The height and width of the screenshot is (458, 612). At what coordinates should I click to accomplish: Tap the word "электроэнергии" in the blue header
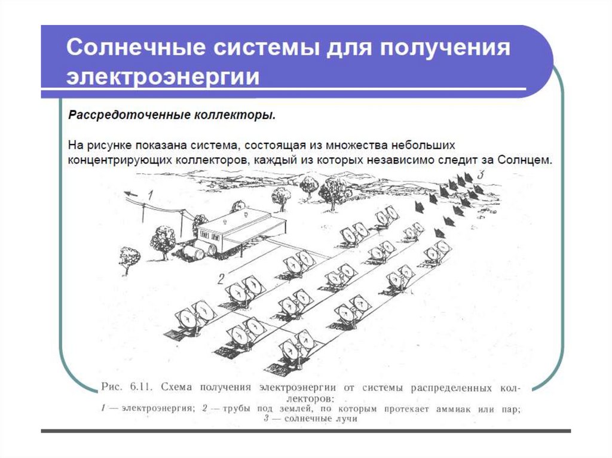click(163, 76)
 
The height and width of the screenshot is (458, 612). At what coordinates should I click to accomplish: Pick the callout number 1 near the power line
click(150, 194)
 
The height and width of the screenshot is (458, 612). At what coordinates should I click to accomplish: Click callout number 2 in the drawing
click(221, 279)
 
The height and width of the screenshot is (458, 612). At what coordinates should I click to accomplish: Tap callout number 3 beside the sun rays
click(481, 174)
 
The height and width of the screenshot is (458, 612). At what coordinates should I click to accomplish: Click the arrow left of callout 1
click(131, 193)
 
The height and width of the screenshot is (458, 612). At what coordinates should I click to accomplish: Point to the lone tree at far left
click(130, 260)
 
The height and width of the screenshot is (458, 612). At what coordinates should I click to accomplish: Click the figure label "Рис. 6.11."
click(126, 387)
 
